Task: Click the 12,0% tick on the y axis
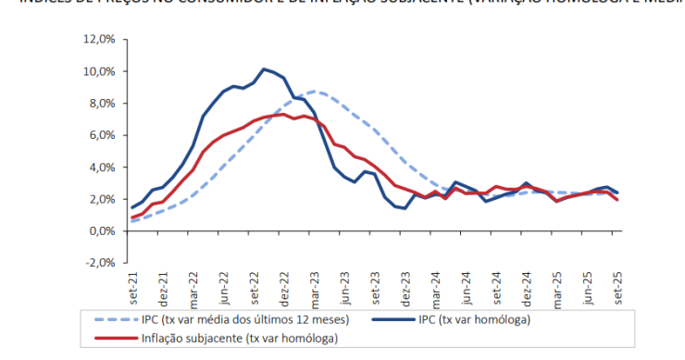coord(100,40)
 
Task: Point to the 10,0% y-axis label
coord(100,71)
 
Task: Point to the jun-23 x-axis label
coord(344,281)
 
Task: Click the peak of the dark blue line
coord(265,68)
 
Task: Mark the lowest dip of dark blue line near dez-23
coord(405,208)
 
